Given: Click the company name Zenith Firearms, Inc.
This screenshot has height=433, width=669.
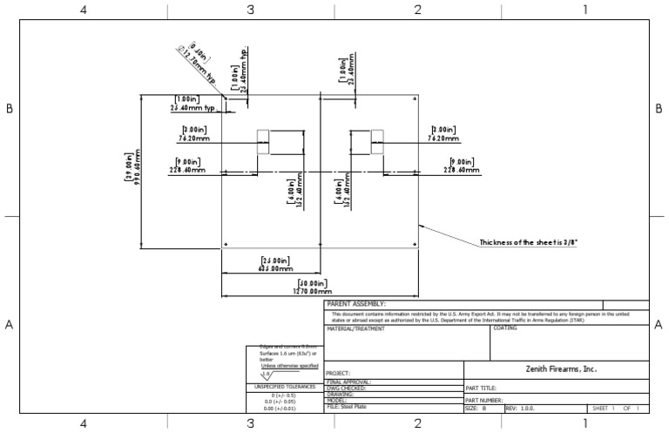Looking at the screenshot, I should point(556,369).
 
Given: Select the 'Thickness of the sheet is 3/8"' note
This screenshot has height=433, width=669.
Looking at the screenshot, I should point(529,242).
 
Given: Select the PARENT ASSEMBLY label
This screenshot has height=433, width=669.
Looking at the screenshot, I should point(355,304).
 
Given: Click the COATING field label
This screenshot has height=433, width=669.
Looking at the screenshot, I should point(505,329).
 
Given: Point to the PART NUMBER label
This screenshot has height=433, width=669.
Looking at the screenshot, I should point(486,400).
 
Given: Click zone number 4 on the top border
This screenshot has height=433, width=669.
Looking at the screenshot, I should point(83,10).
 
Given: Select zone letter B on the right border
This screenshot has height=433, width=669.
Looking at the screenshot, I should point(658,109).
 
